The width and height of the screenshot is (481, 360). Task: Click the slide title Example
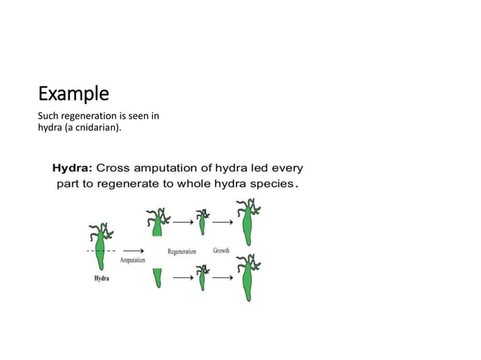(x=73, y=94)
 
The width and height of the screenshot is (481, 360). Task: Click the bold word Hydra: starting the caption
(x=72, y=167)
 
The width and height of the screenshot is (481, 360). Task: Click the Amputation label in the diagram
(x=132, y=260)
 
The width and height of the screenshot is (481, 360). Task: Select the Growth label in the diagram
(x=221, y=250)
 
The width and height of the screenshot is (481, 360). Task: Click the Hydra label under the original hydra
(x=102, y=279)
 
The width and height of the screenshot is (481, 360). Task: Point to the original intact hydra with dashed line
(x=100, y=245)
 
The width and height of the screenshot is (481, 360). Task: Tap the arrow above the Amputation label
(x=133, y=249)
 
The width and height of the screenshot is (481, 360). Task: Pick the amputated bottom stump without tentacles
(x=158, y=277)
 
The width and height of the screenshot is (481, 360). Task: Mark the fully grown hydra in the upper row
(x=246, y=222)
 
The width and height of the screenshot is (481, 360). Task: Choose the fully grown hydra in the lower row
(x=247, y=277)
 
